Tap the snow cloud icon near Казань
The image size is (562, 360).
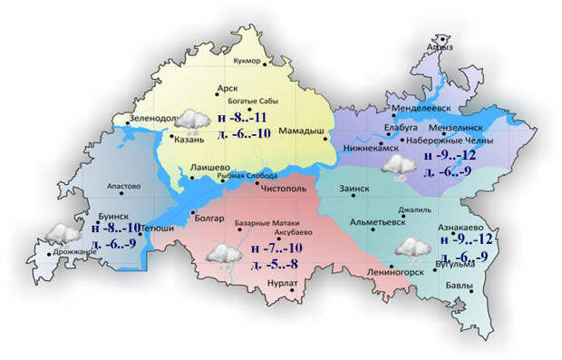tap(191, 120)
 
